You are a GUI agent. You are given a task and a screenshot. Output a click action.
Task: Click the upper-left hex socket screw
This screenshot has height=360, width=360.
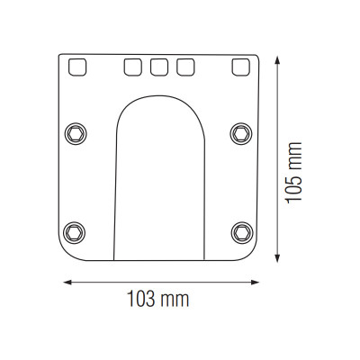pyautogui.click(x=76, y=134)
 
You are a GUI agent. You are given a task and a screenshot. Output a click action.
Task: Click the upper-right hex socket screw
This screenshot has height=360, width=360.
pyautogui.click(x=241, y=134)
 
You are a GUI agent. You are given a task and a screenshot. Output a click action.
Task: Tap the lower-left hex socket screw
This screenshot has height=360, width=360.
pyautogui.click(x=74, y=233)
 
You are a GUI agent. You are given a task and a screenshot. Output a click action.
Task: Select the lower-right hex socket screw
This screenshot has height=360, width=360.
pyautogui.click(x=242, y=233)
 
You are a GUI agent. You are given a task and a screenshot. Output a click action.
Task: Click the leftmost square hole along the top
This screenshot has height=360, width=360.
pyautogui.click(x=77, y=67)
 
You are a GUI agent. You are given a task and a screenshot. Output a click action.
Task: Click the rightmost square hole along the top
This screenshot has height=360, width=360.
pyautogui.click(x=240, y=67)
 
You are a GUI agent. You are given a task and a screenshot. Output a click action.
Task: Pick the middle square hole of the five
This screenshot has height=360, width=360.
pyautogui.click(x=159, y=67)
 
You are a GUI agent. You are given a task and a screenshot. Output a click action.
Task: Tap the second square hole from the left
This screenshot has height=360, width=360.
pyautogui.click(x=132, y=67)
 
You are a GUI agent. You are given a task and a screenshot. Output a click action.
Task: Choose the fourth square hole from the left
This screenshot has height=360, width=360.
pyautogui.click(x=185, y=67)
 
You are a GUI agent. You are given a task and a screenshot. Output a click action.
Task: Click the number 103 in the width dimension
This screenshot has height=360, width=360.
pyautogui.click(x=140, y=299)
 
